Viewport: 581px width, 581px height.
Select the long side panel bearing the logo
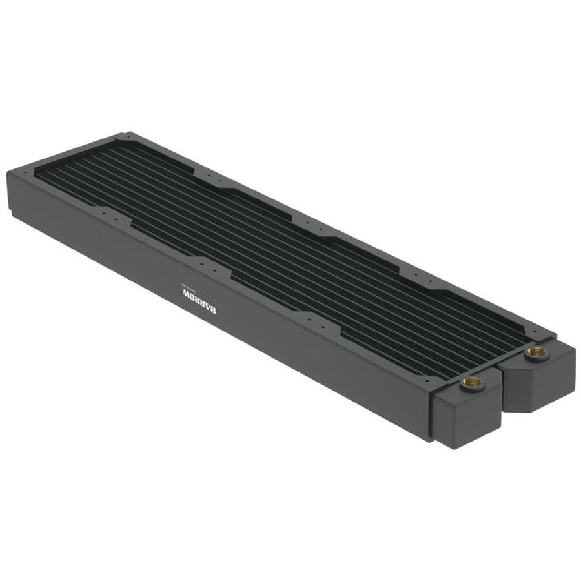[258, 323]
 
